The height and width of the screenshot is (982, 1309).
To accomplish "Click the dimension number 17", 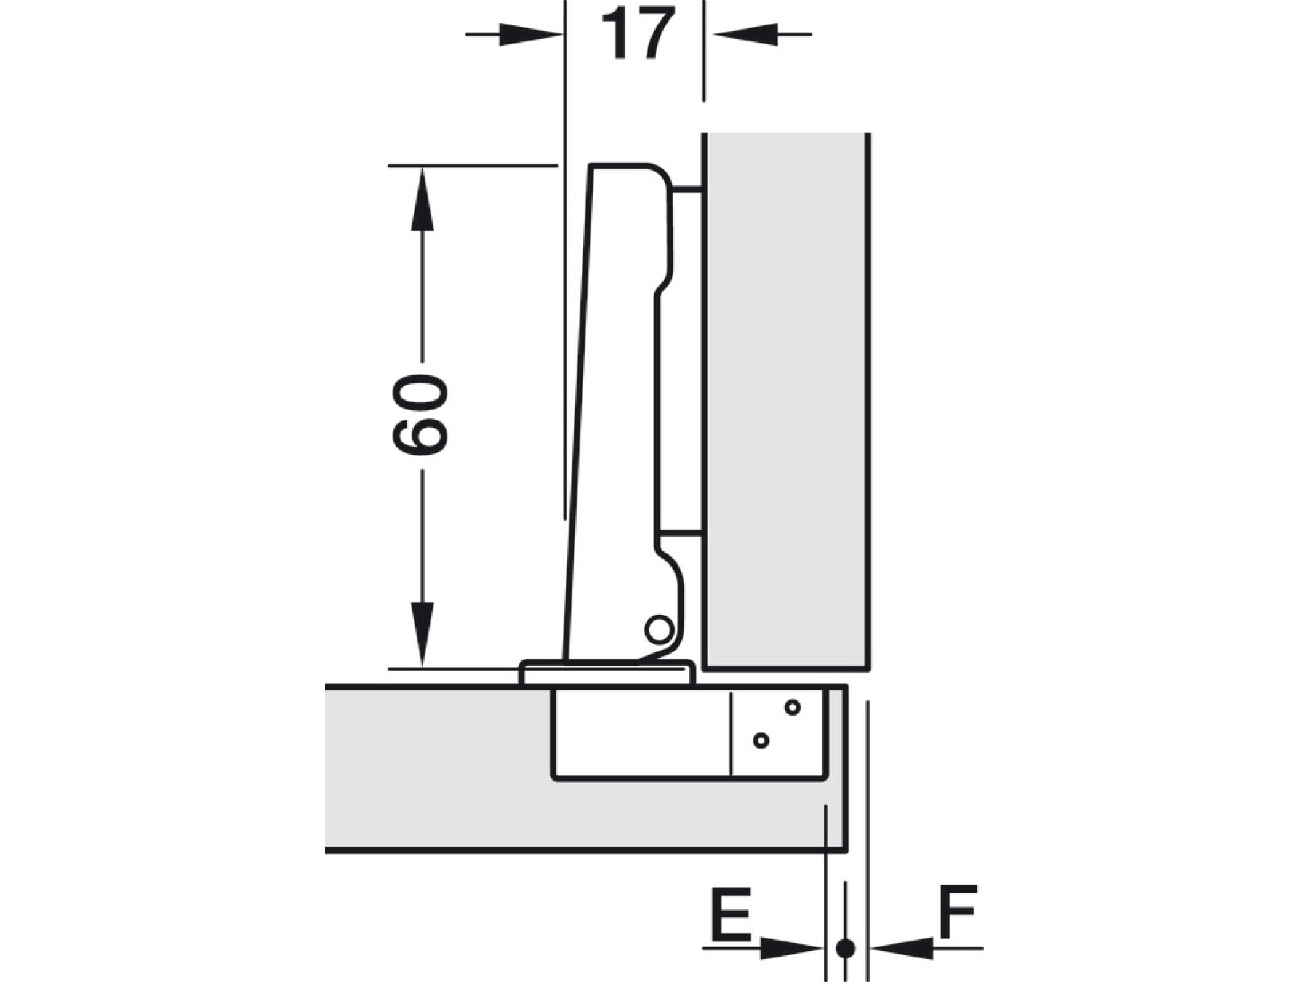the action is pyautogui.click(x=638, y=33).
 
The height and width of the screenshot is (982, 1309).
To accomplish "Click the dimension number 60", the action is pyautogui.click(x=420, y=415).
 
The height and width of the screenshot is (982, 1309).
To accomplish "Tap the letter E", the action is pyautogui.click(x=730, y=913).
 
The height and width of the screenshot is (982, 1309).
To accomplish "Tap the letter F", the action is pyautogui.click(x=958, y=911).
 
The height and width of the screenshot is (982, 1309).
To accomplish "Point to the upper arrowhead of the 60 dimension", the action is pyautogui.click(x=422, y=199).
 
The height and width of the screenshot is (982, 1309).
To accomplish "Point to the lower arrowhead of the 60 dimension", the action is pyautogui.click(x=422, y=634).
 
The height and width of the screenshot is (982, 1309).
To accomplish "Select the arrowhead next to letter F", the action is pyautogui.click(x=902, y=948).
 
